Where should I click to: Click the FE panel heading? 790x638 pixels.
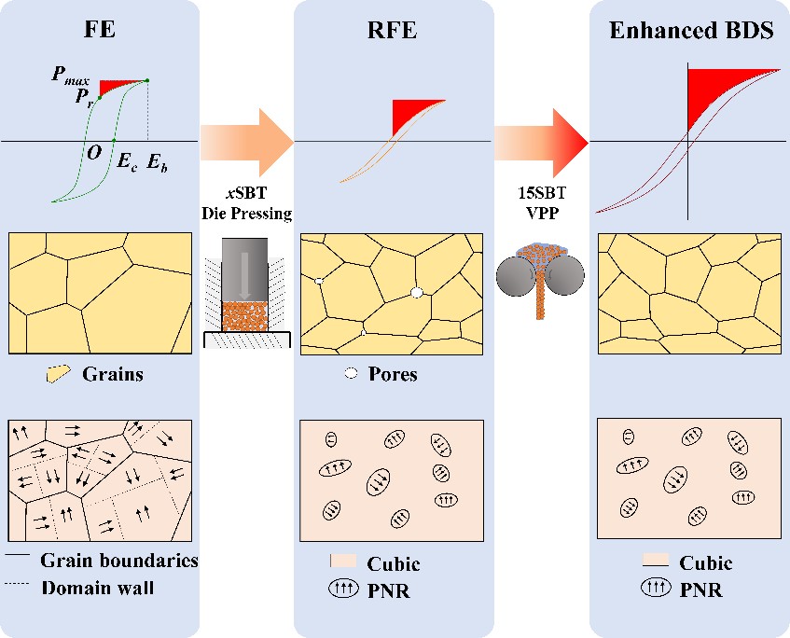click(x=101, y=30)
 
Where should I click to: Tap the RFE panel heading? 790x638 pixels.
click(x=394, y=30)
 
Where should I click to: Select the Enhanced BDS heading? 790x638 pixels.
click(x=691, y=30)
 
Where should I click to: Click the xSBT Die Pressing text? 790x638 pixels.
click(x=246, y=204)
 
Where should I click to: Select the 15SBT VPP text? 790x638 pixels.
click(x=541, y=204)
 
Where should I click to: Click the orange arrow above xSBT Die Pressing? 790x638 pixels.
click(x=247, y=141)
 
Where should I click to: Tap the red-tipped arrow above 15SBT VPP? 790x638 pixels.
click(x=541, y=141)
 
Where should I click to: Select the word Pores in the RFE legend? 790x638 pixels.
click(x=394, y=375)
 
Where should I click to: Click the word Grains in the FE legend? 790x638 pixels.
click(x=113, y=375)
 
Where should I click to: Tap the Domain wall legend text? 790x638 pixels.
click(x=97, y=588)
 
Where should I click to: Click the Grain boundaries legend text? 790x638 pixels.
click(x=119, y=561)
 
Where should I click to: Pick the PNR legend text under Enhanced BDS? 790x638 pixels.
click(x=701, y=589)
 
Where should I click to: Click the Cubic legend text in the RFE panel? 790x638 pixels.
click(x=394, y=563)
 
